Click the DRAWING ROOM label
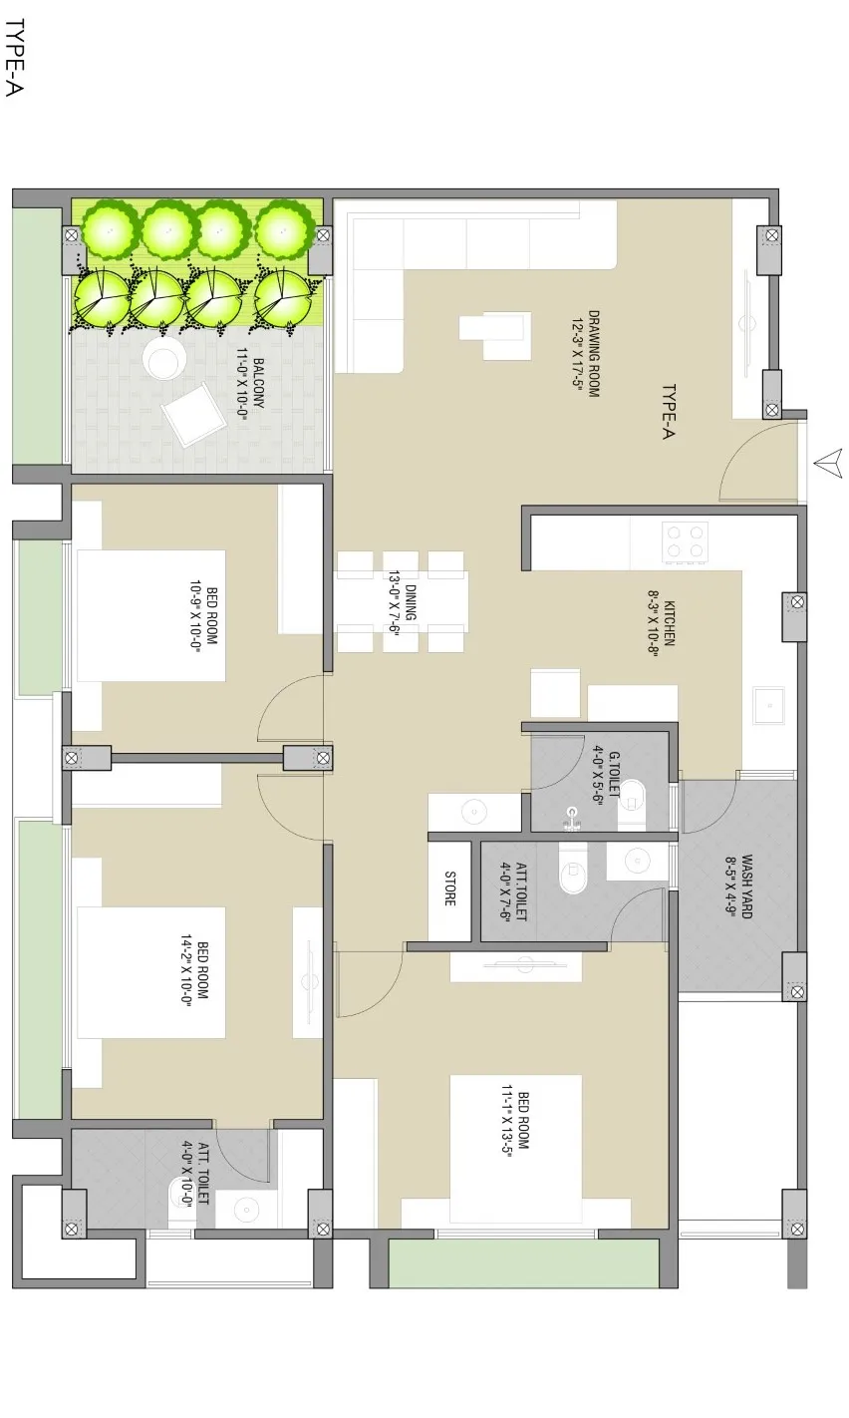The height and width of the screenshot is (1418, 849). point(594,353)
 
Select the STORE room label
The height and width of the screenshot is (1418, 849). point(449,888)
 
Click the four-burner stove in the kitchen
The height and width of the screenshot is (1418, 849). point(686,541)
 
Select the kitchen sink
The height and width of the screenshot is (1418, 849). point(768,705)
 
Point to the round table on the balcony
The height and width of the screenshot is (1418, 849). point(163,358)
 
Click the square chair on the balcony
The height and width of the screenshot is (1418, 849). point(194,415)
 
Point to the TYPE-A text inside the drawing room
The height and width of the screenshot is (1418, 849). point(669,412)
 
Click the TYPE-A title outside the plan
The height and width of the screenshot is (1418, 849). point(14,58)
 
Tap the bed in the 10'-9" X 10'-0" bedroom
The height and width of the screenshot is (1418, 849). point(150,615)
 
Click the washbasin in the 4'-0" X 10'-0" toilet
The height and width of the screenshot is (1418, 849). point(245,1211)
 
